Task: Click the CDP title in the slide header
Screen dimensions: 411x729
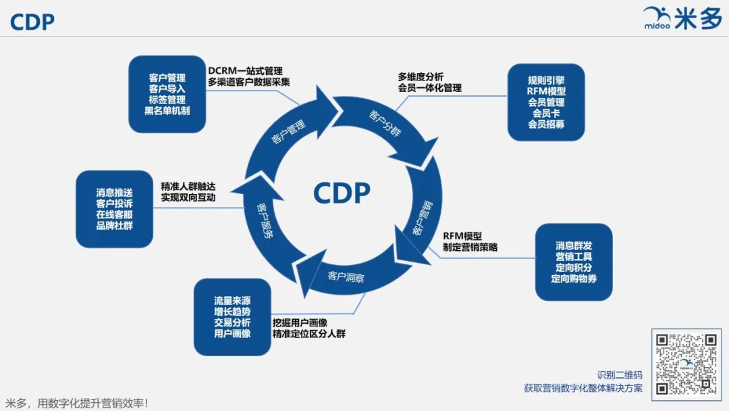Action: click(x=32, y=22)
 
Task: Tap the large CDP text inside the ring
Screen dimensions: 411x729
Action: click(x=342, y=193)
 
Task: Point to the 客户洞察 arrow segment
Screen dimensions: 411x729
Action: click(x=346, y=276)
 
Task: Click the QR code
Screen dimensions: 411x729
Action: click(x=686, y=364)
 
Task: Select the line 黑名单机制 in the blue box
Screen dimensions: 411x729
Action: click(x=167, y=110)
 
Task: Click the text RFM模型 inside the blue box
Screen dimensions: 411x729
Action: click(x=546, y=91)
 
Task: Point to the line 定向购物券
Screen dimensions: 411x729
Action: click(x=574, y=278)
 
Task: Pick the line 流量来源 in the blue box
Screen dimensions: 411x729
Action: click(x=232, y=301)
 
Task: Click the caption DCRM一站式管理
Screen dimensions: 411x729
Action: click(x=245, y=71)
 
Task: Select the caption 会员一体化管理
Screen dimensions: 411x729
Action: click(x=429, y=88)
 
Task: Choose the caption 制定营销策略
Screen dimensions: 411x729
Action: click(x=470, y=247)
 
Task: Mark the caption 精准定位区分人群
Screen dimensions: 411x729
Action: click(x=308, y=333)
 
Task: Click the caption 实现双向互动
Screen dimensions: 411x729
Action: click(x=188, y=197)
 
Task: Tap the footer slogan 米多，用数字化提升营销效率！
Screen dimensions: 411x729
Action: click(x=76, y=403)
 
